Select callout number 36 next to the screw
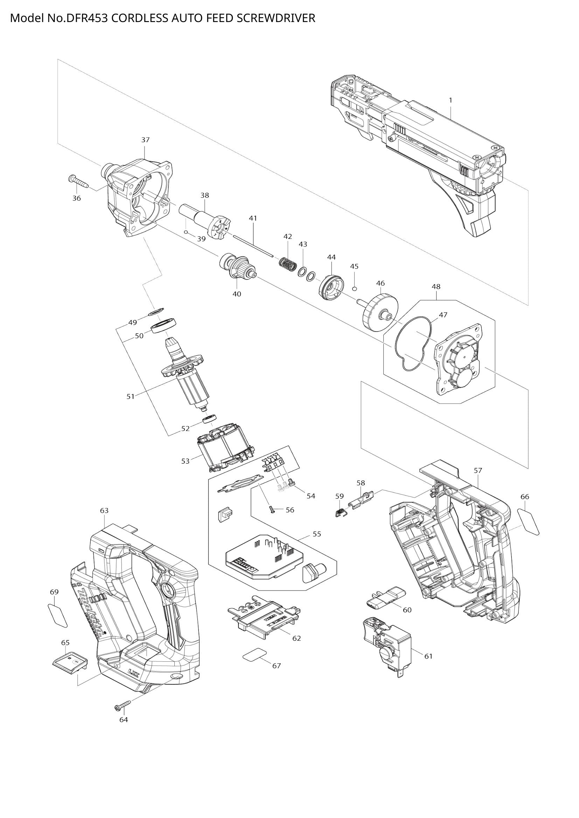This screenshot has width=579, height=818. (x=77, y=198)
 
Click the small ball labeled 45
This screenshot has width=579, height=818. (x=354, y=288)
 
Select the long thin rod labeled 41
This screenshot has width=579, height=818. (x=253, y=246)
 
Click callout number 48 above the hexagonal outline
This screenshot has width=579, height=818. (x=436, y=286)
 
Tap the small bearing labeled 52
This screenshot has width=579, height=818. (x=210, y=419)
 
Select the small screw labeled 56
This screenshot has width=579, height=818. (x=272, y=510)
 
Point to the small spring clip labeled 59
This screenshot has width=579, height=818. (x=341, y=512)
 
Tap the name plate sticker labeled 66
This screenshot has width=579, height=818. (x=528, y=522)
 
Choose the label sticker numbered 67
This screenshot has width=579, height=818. (x=254, y=654)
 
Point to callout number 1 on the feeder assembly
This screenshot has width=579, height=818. (x=450, y=100)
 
